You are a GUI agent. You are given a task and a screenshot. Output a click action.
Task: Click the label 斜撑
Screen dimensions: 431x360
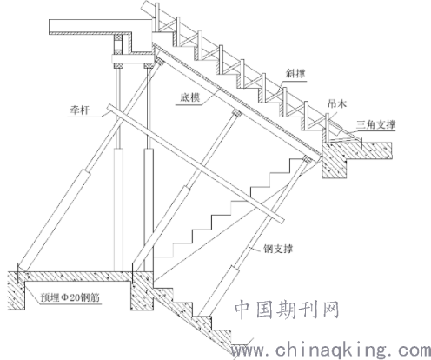click(295, 73)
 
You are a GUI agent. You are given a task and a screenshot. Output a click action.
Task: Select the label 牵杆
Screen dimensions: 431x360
click(80, 110)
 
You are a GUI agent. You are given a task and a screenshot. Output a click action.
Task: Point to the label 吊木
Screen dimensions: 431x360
click(337, 103)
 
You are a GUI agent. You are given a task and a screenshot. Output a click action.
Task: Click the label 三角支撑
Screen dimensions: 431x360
click(375, 125)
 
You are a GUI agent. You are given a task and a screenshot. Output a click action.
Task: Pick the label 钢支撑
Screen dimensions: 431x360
click(278, 249)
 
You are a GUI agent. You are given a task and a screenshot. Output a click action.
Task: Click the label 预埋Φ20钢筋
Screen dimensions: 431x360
click(70, 297)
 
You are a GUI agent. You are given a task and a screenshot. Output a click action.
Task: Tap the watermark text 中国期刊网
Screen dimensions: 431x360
click(287, 310)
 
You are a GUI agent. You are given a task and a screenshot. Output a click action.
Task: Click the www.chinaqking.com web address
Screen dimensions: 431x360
click(331, 350)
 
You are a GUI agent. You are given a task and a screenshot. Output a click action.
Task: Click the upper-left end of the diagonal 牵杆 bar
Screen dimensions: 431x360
click(109, 108)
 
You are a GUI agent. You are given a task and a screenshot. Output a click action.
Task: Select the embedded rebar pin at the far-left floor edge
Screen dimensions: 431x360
click(18, 272)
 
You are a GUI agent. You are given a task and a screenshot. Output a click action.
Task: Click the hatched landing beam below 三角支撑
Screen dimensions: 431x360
click(335, 160)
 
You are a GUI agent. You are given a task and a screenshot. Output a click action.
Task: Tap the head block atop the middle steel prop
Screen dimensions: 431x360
click(237, 113)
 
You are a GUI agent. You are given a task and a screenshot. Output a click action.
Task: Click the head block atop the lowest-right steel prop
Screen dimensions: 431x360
click(307, 159)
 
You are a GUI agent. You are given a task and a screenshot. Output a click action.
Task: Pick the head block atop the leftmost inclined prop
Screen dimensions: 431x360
click(160, 62)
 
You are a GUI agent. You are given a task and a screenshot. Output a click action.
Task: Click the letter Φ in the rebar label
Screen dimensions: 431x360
click(64, 298)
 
